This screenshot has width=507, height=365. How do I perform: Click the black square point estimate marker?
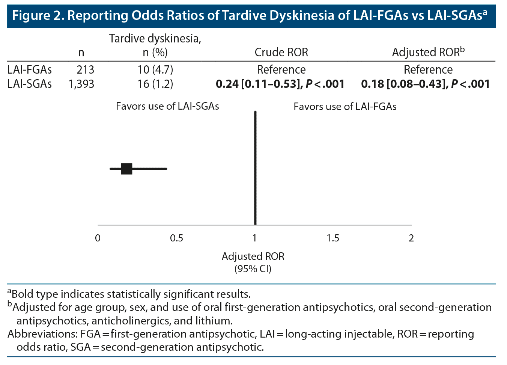tap(126, 169)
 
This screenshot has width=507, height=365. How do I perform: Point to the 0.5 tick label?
tap(176, 238)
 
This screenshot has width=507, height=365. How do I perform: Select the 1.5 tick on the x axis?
tap(333, 238)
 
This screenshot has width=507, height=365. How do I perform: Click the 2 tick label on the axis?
tap(411, 238)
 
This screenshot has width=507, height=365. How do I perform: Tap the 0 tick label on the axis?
tap(98, 238)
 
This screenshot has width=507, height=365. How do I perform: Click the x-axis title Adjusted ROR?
tap(253, 256)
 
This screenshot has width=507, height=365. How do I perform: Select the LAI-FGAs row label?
tap(30, 69)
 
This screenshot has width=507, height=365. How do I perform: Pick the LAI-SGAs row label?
tap(30, 84)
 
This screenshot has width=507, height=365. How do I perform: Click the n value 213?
tap(86, 69)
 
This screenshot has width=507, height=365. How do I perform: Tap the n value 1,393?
tap(81, 84)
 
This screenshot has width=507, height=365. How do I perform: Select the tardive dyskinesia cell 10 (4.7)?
tap(155, 69)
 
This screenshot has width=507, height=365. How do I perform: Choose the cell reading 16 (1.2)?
tap(155, 84)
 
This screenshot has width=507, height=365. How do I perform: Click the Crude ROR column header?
tap(281, 52)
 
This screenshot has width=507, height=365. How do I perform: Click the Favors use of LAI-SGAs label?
tap(167, 106)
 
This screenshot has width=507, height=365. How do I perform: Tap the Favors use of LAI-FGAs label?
tap(345, 107)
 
